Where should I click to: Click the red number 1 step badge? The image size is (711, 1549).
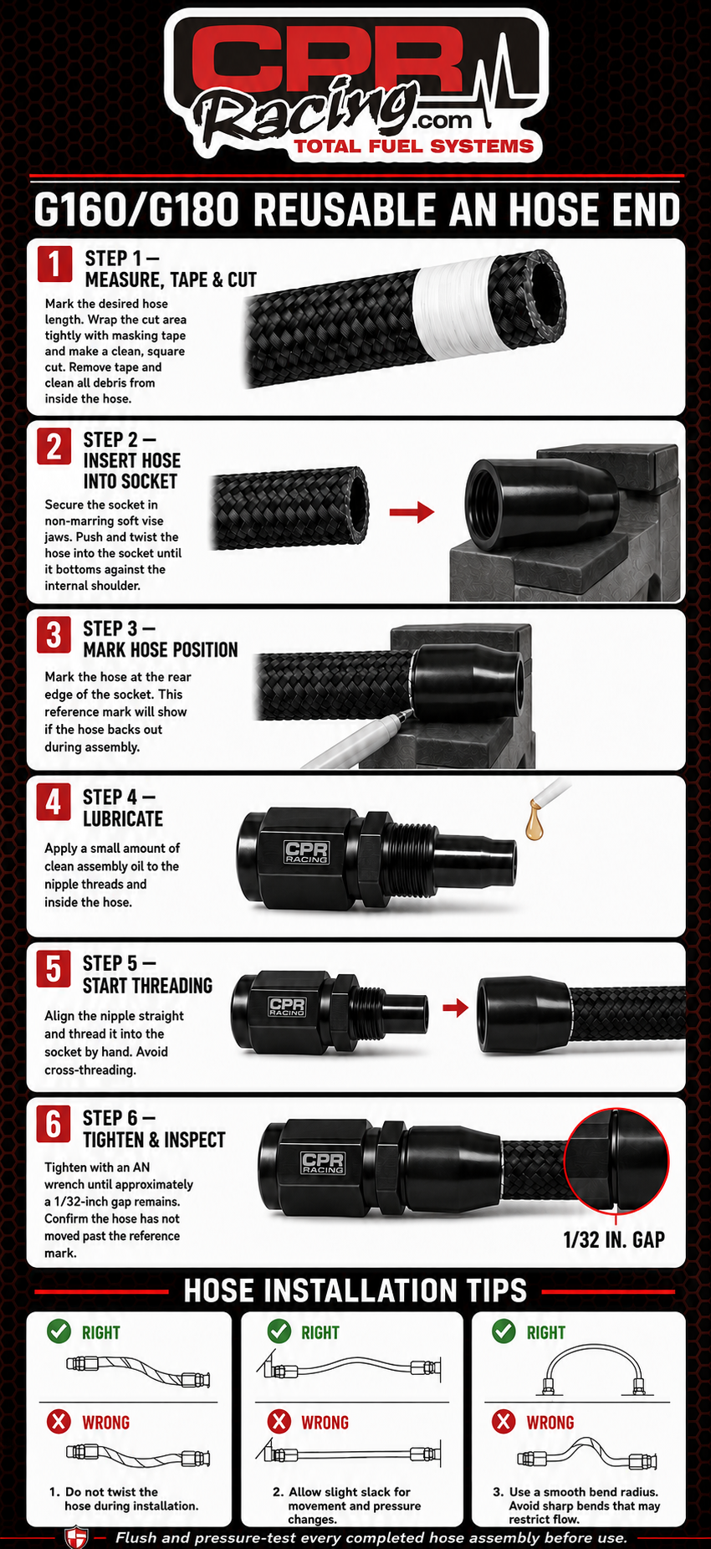tap(54, 264)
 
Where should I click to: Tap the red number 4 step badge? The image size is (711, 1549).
tap(54, 803)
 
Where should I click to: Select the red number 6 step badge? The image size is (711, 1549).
tap(54, 1124)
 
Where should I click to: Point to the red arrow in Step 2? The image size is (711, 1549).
tap(412, 511)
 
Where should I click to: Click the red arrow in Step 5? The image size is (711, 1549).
tap(455, 1007)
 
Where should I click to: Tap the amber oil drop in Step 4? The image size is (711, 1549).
tap(534, 821)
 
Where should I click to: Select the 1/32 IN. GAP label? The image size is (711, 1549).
tap(614, 1239)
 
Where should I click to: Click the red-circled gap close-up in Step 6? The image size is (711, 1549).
tap(616, 1159)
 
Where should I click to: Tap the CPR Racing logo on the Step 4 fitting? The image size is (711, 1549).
tap(306, 852)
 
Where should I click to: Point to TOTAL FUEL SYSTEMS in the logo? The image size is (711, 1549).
tap(413, 146)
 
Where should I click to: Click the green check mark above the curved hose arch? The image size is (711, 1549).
tap(504, 1331)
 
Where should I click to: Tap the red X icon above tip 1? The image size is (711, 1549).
tap(59, 1422)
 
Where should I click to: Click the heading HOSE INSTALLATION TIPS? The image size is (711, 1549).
tap(355, 1290)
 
